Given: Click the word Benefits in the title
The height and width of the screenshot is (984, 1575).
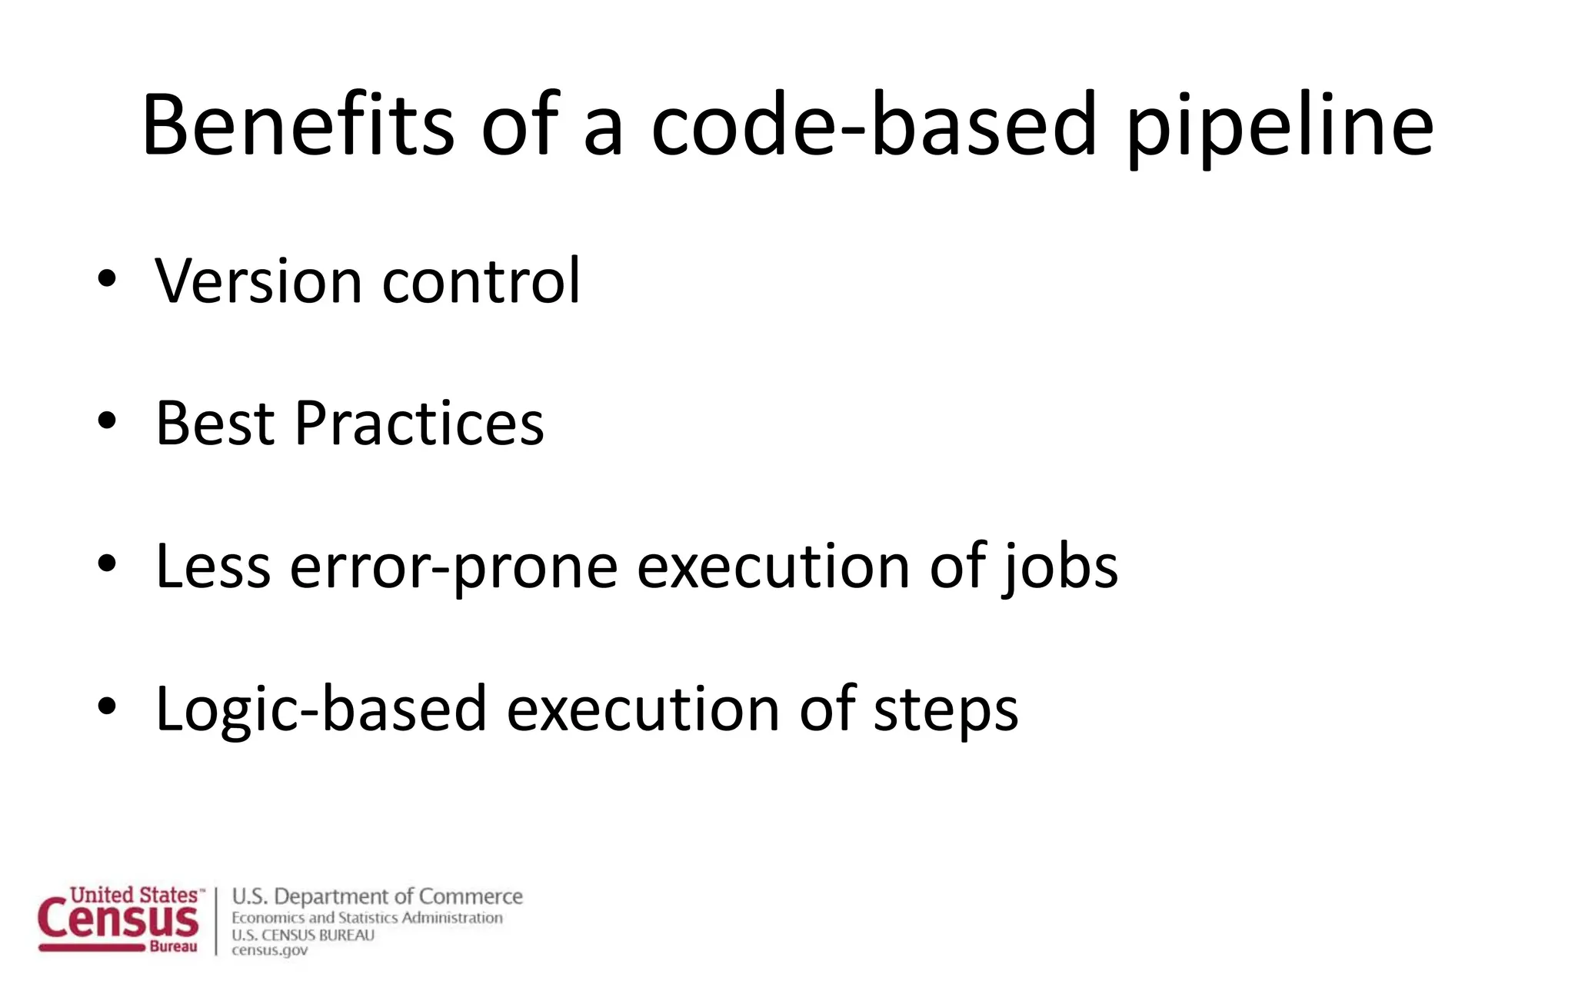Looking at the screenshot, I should coord(298,125).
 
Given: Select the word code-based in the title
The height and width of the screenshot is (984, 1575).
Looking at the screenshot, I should coord(874,125).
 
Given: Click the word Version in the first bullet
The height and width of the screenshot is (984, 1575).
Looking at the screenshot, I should coord(258,281).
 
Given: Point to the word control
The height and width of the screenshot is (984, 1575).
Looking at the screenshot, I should coord(481,281).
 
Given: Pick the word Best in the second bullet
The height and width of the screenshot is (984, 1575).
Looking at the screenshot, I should coord(215,423).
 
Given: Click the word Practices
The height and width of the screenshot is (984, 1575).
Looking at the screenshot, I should coord(419,423).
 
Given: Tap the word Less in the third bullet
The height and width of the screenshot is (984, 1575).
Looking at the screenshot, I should coord(213,566).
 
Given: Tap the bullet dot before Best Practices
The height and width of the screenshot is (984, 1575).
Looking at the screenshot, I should coord(107,421).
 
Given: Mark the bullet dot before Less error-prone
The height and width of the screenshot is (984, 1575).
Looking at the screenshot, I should coord(107,563).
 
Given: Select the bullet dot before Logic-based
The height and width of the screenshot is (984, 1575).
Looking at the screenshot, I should coord(107,706).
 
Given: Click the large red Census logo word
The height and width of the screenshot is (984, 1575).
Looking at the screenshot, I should coord(118,921).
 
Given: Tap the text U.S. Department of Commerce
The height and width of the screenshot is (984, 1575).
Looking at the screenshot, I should coord(377,896).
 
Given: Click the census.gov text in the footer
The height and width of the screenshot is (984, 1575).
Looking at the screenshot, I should coord(269,950).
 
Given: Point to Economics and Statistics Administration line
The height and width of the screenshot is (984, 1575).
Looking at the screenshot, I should coord(367,917).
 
